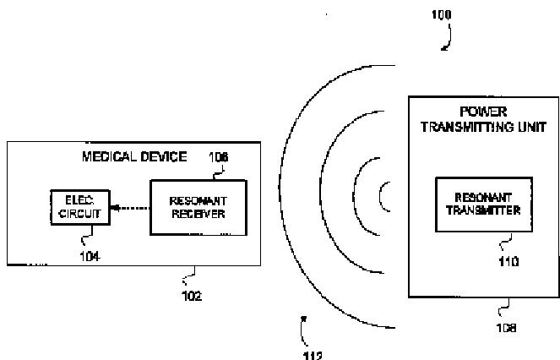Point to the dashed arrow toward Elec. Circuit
(x=128, y=208)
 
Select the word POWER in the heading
(x=482, y=112)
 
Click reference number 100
(x=440, y=15)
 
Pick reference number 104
(x=90, y=257)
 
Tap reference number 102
(x=191, y=296)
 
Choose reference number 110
(x=486, y=262)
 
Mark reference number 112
(x=312, y=355)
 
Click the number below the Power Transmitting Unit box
(x=507, y=327)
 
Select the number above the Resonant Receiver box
(x=219, y=156)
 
